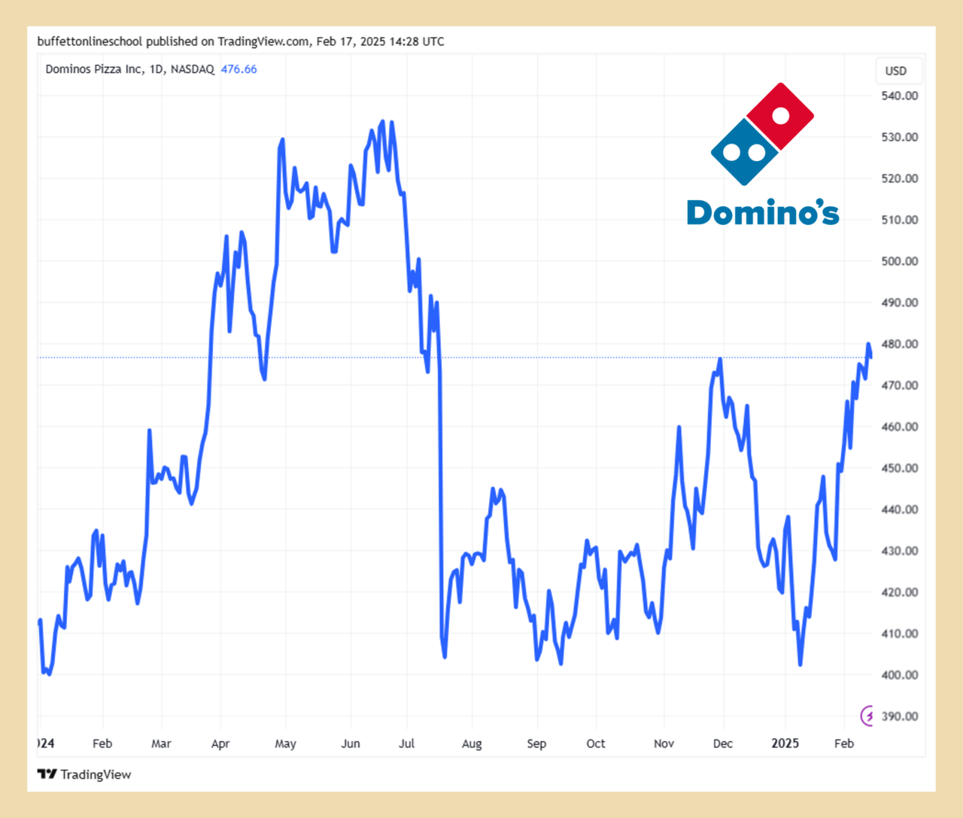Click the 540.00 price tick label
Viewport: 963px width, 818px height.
pyautogui.click(x=900, y=96)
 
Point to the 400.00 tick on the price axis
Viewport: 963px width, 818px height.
pyautogui.click(x=900, y=675)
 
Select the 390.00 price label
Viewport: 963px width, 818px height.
pyautogui.click(x=900, y=716)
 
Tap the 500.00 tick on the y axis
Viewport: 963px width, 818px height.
pyautogui.click(x=900, y=261)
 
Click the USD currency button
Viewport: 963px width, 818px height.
pyautogui.click(x=896, y=71)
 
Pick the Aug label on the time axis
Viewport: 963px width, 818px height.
pyautogui.click(x=472, y=743)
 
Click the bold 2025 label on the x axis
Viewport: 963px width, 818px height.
pyautogui.click(x=785, y=743)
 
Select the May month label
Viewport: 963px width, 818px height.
pyautogui.click(x=285, y=743)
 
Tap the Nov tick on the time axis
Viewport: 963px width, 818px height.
pyautogui.click(x=664, y=743)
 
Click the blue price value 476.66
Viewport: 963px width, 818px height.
pyautogui.click(x=238, y=69)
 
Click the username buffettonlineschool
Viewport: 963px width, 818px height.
pyautogui.click(x=90, y=41)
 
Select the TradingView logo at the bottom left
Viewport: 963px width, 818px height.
pyautogui.click(x=84, y=774)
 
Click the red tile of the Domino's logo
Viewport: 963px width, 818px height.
pyautogui.click(x=780, y=116)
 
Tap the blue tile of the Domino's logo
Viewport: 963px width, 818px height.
pyautogui.click(x=743, y=153)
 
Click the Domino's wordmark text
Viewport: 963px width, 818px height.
pyautogui.click(x=763, y=213)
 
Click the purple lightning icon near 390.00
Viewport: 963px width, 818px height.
pyautogui.click(x=867, y=715)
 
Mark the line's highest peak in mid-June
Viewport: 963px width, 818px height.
pyautogui.click(x=383, y=121)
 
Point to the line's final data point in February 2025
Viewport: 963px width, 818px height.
pyautogui.click(x=870, y=357)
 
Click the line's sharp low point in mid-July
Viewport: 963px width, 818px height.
pyautogui.click(x=445, y=656)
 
